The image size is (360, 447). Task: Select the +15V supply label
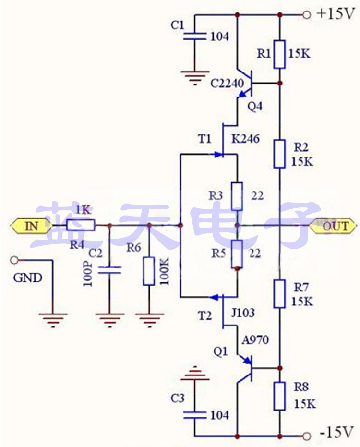[x=336, y=14]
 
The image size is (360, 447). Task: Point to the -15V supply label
[x=336, y=433]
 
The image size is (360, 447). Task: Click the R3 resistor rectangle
[x=237, y=196]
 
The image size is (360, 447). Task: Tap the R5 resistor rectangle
[x=237, y=254]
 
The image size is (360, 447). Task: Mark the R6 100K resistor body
[x=149, y=272]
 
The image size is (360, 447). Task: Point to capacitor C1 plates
[x=195, y=36]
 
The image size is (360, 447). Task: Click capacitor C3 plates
[x=195, y=414]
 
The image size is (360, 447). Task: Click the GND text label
[x=27, y=278]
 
